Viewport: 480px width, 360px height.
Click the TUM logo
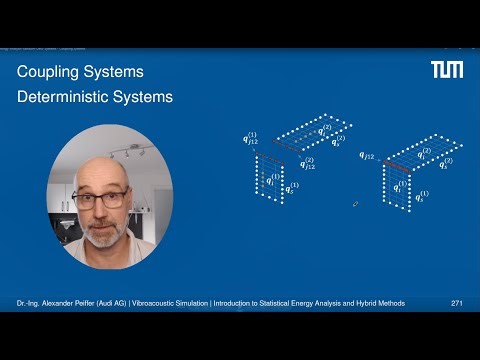point(446,69)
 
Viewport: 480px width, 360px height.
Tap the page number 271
point(456,303)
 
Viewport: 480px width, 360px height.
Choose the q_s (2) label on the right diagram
point(445,163)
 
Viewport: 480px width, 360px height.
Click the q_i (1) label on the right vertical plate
point(400,185)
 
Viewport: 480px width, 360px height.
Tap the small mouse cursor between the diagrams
point(355,204)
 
